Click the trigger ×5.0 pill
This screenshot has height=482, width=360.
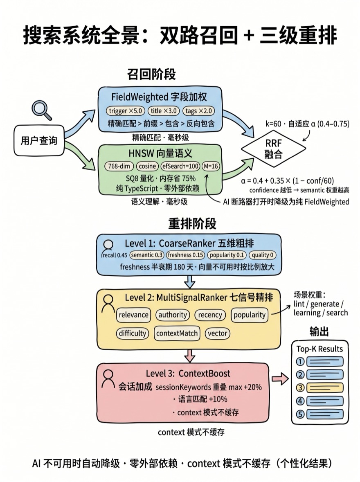click(125, 111)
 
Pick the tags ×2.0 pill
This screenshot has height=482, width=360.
click(198, 111)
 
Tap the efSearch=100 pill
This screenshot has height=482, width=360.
click(180, 166)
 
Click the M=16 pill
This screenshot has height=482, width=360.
click(211, 166)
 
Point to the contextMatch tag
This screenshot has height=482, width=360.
click(177, 333)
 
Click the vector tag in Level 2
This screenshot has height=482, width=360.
click(217, 333)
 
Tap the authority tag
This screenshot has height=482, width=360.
click(173, 315)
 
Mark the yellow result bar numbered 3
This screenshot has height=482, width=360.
click(325, 388)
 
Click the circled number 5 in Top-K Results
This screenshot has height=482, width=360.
click(301, 414)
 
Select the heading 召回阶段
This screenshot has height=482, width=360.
click(151, 75)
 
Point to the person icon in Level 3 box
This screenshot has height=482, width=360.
click(108, 379)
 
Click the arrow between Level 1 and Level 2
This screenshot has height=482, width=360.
click(190, 282)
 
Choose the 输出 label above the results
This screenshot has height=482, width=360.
click(319, 331)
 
